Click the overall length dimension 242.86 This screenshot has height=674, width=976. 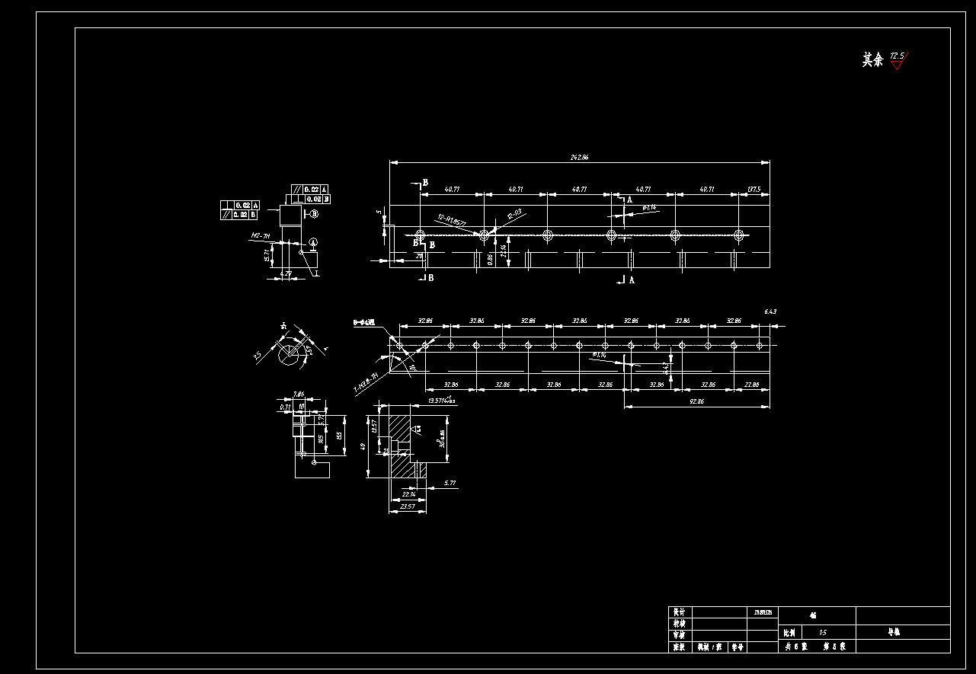click(579, 158)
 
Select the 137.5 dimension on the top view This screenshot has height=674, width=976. click(754, 189)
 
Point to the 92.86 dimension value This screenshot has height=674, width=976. click(696, 401)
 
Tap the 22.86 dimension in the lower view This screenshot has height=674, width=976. click(751, 385)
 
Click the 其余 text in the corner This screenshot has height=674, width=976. click(872, 60)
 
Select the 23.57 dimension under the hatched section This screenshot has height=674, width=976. click(408, 506)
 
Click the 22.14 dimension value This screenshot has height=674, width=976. click(409, 494)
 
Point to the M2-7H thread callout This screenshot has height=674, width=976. click(261, 236)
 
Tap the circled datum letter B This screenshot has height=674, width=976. click(314, 215)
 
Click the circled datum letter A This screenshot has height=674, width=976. click(313, 242)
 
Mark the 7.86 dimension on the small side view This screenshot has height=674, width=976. click(299, 394)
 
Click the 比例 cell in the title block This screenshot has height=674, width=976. click(790, 633)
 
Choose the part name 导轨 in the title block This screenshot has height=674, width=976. click(894, 632)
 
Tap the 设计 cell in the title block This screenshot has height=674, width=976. click(678, 612)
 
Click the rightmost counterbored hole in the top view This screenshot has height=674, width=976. click(738, 235)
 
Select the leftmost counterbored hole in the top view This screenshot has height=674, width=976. click(420, 235)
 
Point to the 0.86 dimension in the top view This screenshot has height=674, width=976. click(490, 259)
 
